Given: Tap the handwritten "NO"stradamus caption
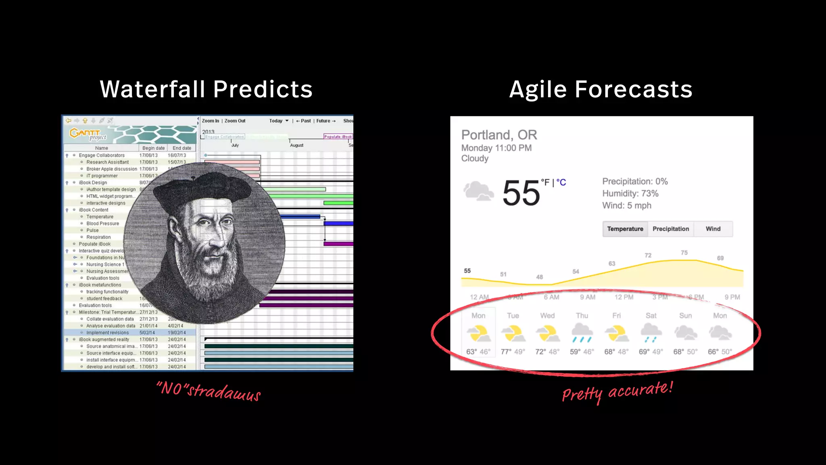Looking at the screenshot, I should (209, 391).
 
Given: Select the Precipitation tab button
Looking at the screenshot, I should (670, 229).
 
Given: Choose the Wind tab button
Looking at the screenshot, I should (713, 229).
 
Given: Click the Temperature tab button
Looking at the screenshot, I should (625, 229).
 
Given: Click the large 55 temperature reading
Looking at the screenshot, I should (521, 193).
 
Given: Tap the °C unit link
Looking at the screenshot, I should (561, 182).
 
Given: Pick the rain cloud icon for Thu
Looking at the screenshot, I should (582, 333).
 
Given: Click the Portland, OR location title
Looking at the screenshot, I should (499, 135).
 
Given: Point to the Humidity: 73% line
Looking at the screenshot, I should (630, 194).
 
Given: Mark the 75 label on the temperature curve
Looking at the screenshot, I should (684, 253).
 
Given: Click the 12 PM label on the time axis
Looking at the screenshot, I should (624, 297).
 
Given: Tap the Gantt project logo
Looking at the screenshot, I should (88, 134).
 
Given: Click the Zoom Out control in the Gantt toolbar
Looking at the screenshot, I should (235, 121).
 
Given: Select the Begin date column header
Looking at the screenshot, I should (153, 148).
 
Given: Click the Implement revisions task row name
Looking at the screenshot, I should (107, 333).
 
